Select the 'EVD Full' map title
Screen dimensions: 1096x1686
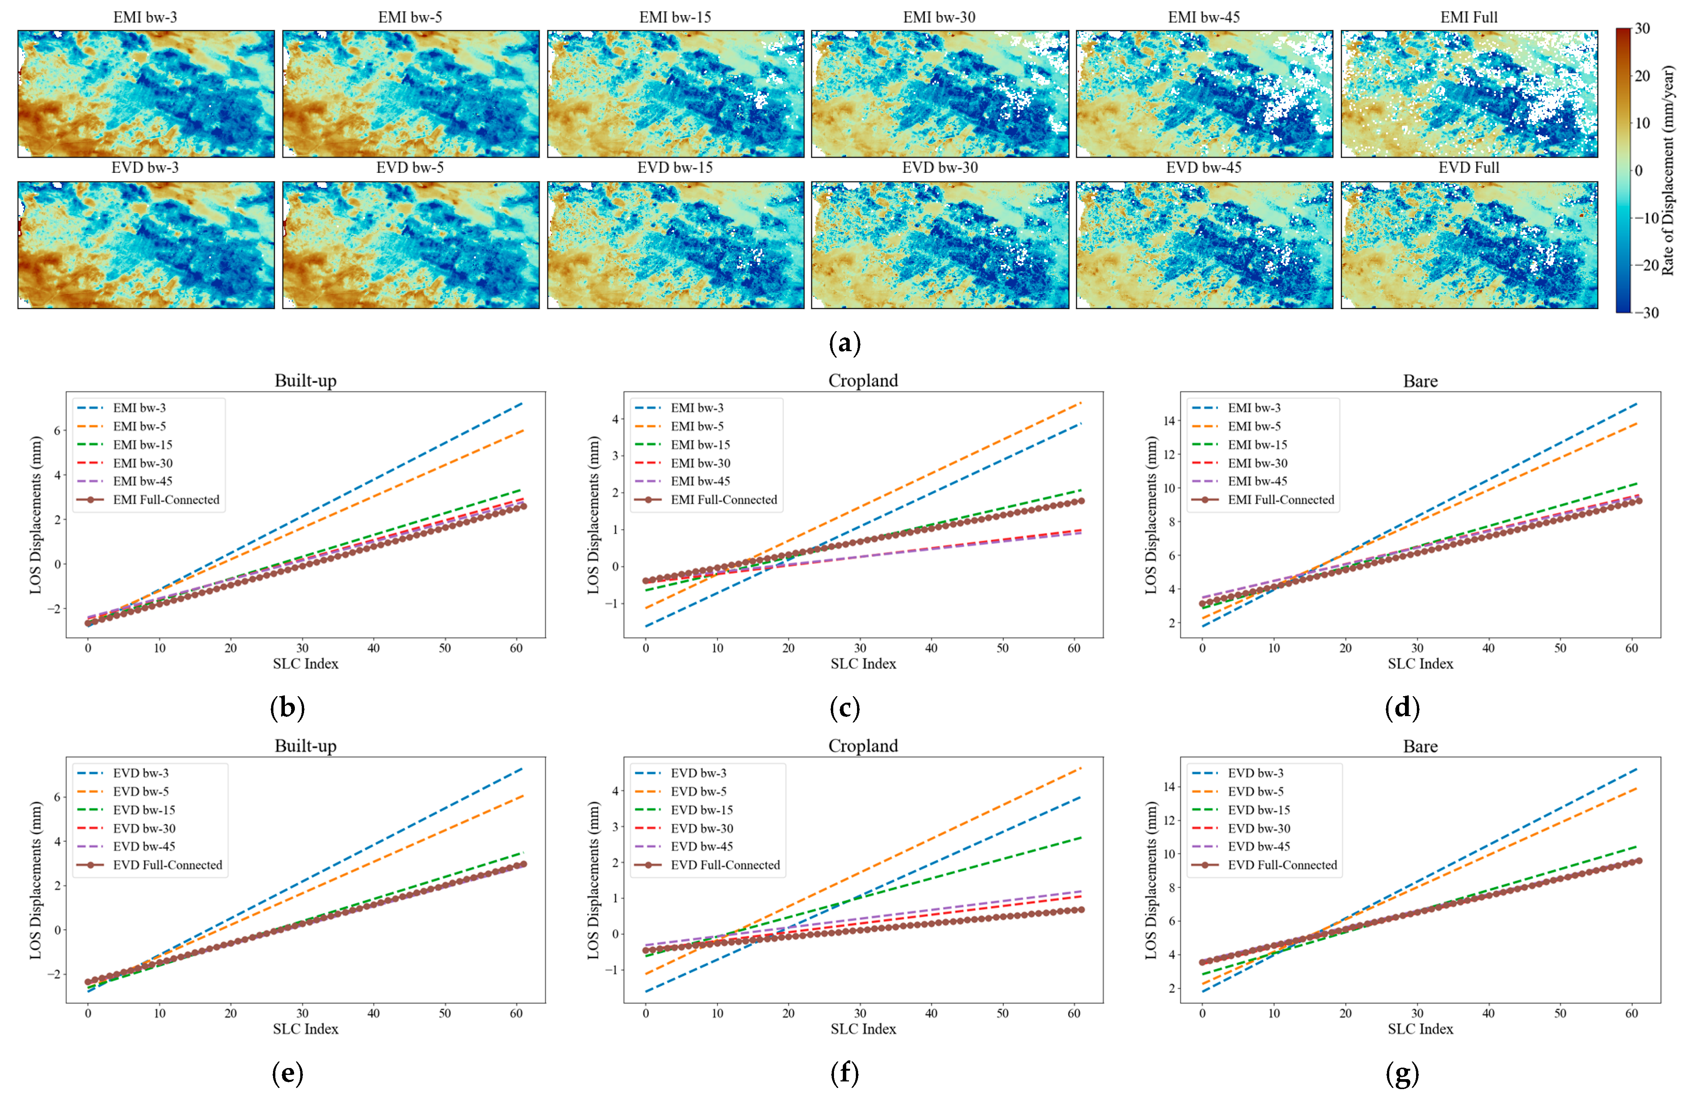pos(1469,168)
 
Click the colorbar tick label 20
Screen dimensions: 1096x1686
pos(1642,76)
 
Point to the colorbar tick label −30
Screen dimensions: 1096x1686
pos(1646,312)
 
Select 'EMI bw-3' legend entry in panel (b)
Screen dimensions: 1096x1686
pos(139,408)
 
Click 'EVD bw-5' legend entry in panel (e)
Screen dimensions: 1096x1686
pos(140,792)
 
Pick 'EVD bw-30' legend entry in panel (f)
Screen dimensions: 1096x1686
pos(701,828)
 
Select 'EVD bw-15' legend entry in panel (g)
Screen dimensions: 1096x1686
pos(1259,810)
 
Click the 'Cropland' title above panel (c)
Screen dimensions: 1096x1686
pos(863,381)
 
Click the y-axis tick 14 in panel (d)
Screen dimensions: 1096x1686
pos(1169,421)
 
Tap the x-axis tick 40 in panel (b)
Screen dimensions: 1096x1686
pos(373,648)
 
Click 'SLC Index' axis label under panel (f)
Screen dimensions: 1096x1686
pos(863,1029)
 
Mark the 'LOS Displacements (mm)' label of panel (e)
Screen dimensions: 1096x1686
pos(35,880)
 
